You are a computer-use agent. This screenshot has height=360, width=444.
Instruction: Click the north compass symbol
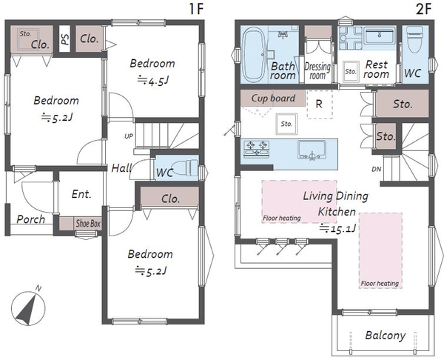coord(28,307)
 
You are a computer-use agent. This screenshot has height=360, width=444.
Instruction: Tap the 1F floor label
coord(196,9)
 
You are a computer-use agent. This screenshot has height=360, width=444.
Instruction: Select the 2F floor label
coord(423,9)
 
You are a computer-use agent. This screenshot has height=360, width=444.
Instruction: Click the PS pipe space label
coord(65,39)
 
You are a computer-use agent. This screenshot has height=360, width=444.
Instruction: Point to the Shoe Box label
coord(88,224)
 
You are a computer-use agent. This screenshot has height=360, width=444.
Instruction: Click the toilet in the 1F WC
coord(186,167)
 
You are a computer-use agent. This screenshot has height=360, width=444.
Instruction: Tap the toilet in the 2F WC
coord(415,40)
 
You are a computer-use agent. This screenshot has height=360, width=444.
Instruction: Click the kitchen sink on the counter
coord(312,150)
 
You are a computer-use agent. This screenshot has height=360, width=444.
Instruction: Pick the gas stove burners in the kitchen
coord(256,149)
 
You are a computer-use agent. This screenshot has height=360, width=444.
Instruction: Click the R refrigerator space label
coord(319,104)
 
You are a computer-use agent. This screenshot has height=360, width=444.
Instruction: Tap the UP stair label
coord(129,136)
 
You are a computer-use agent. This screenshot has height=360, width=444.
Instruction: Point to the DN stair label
coord(377,169)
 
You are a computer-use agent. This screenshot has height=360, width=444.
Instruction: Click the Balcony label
coord(386,336)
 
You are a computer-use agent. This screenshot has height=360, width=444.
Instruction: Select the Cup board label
coord(273,98)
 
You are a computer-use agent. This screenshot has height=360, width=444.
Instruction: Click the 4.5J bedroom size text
coord(153,81)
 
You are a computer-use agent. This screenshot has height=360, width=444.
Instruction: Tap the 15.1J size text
coord(337,228)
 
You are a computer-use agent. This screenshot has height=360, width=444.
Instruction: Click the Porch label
coord(30,219)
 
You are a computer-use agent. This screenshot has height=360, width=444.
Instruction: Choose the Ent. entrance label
coord(81,194)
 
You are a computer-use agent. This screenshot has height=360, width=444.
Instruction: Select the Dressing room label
coord(317,71)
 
